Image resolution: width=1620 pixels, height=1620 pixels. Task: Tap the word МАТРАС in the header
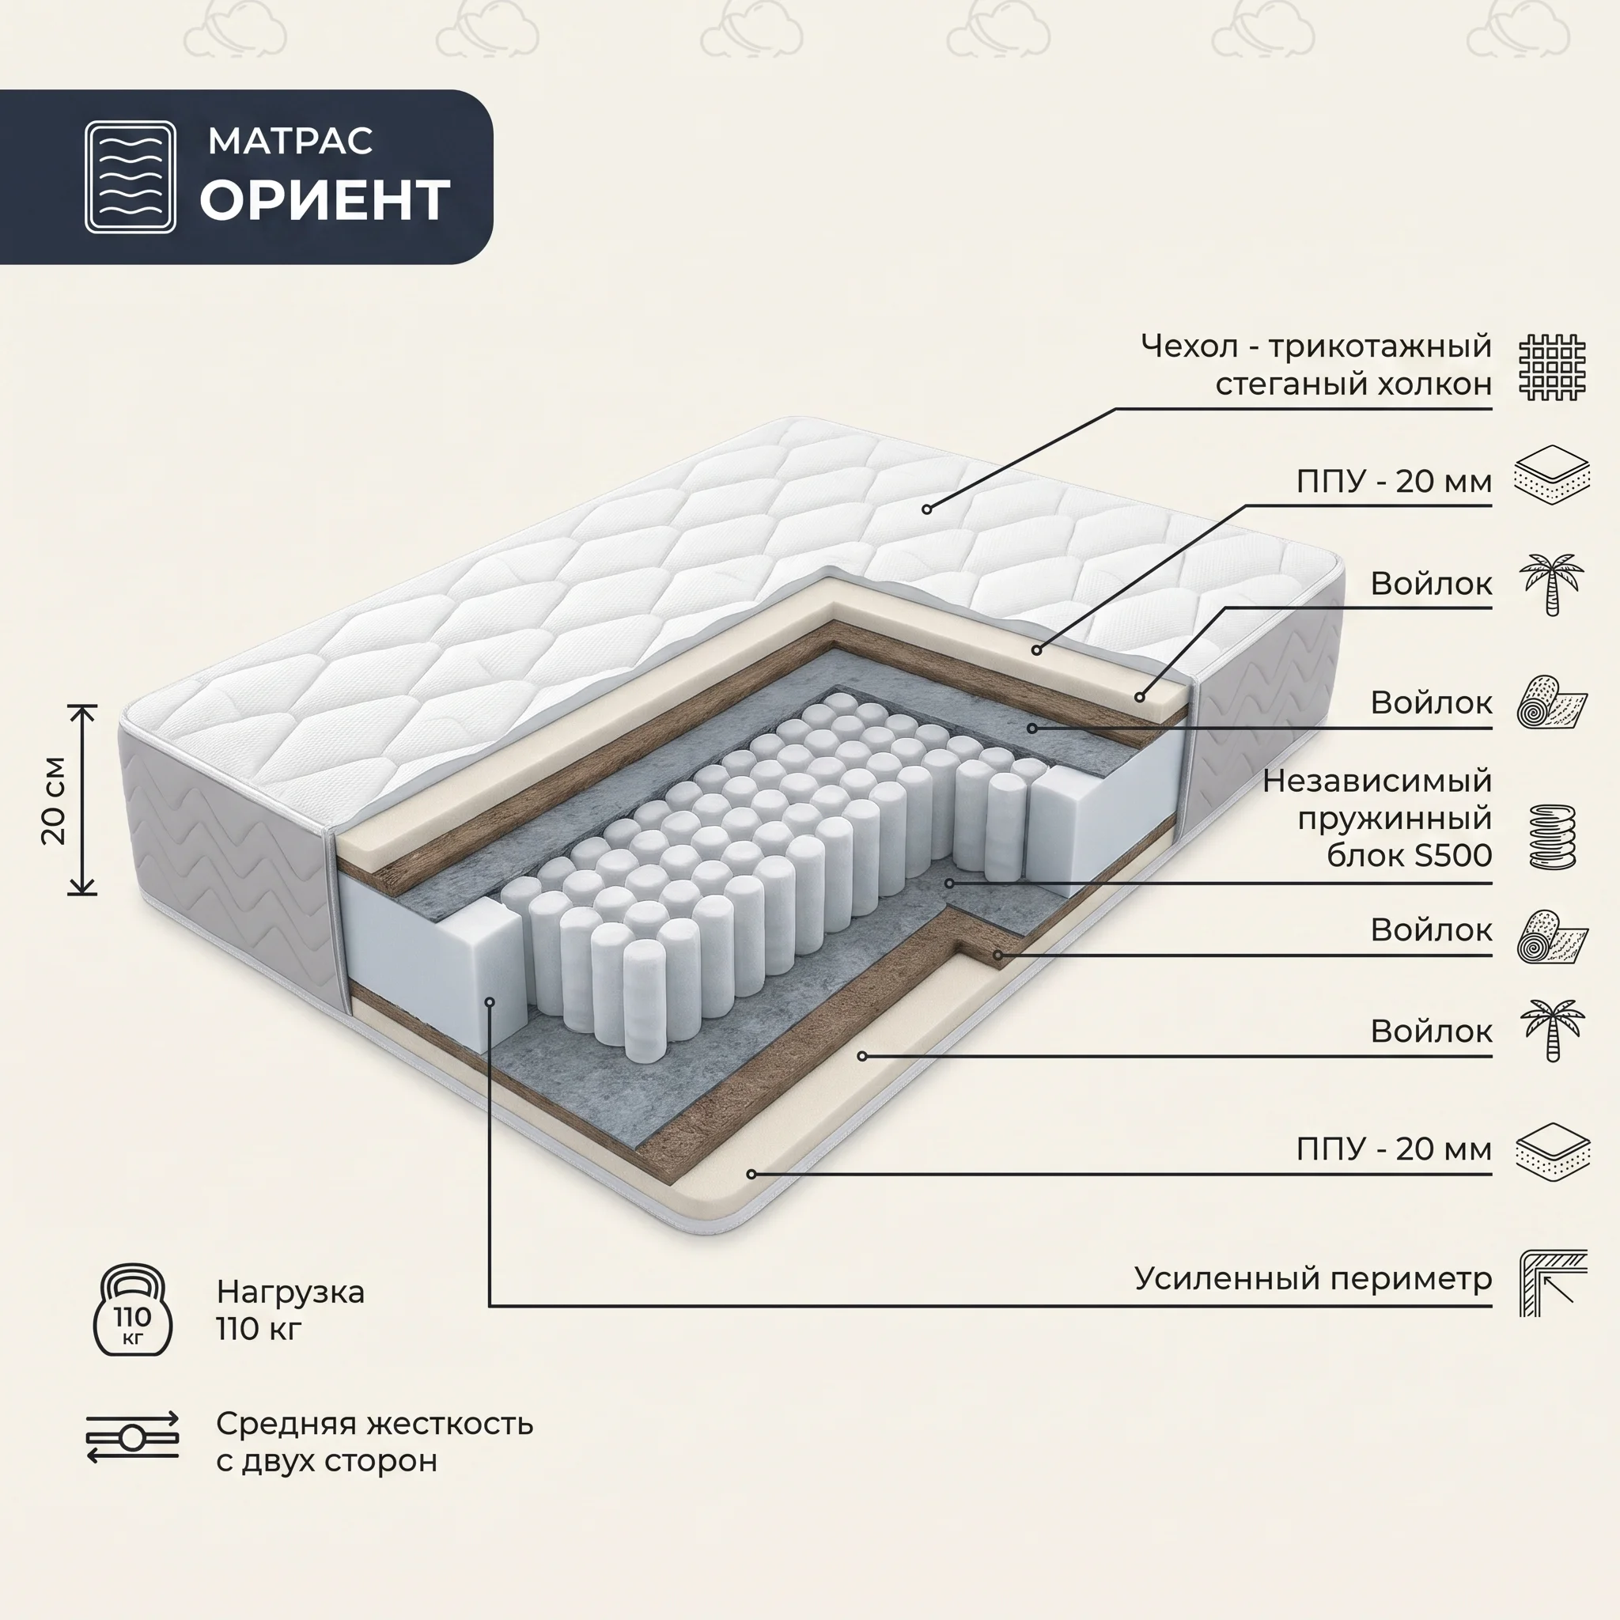290,141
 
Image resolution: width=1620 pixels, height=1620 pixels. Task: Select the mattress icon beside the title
130,177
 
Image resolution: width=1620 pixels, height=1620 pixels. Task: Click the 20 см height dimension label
54,800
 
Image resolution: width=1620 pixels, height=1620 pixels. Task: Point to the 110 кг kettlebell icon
132,1310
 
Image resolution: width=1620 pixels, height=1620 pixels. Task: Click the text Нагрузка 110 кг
290,1311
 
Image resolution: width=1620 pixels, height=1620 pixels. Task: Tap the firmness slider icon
132,1437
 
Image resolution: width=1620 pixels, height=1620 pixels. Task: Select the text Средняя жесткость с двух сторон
374,1442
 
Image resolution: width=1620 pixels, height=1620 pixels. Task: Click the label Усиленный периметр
1313,1279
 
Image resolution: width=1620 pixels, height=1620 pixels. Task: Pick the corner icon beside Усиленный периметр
1554,1283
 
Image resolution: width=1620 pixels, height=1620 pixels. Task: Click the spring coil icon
1553,836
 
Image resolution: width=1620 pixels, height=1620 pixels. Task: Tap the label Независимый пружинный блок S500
1378,818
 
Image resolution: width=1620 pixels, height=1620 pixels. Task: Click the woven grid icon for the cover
1553,367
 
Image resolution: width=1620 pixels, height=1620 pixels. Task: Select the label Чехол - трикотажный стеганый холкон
1316,365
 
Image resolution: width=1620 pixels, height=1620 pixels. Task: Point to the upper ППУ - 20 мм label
1395,481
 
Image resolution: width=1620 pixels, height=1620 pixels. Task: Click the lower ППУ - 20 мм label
1395,1148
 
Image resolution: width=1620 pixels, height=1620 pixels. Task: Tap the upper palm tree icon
1552,585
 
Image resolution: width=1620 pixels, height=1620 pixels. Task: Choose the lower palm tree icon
1552,1031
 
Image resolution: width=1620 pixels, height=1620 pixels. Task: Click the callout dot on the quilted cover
926,509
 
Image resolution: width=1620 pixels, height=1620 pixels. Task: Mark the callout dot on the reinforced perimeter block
490,1001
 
